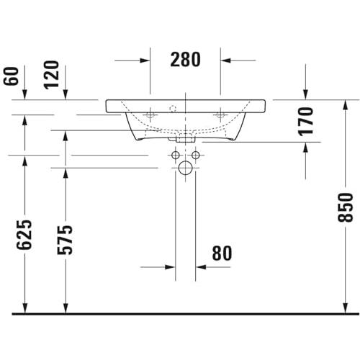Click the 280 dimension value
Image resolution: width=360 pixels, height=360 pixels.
point(185,60)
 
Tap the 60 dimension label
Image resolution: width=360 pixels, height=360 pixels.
point(12,76)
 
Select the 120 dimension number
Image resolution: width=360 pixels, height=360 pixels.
point(51,75)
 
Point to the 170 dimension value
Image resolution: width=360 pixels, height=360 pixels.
point(305,122)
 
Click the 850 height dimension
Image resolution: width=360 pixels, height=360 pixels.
point(346,207)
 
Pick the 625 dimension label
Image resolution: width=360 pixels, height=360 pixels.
point(24,235)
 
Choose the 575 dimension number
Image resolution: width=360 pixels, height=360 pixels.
point(65,240)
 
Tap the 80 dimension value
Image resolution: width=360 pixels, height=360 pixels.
point(222,253)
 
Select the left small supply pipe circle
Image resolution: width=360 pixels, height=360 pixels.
point(176,156)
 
